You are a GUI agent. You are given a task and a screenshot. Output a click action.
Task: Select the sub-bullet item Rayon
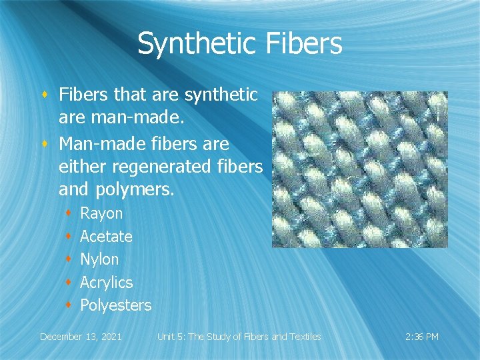(x=101, y=214)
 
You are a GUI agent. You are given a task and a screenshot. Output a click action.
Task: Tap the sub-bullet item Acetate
(x=106, y=237)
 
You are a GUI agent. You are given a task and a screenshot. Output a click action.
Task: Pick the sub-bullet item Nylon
(x=99, y=259)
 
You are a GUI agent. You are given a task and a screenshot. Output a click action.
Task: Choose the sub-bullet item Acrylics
(x=107, y=283)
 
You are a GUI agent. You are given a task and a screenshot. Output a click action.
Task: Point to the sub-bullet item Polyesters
(x=115, y=305)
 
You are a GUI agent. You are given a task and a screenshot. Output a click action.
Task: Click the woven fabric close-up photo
(x=359, y=169)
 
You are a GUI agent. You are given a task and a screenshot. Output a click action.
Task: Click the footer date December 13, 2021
(x=81, y=337)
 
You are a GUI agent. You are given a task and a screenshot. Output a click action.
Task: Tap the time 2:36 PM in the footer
(x=422, y=337)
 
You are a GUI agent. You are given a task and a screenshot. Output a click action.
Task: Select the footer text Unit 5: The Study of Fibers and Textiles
(x=239, y=337)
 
